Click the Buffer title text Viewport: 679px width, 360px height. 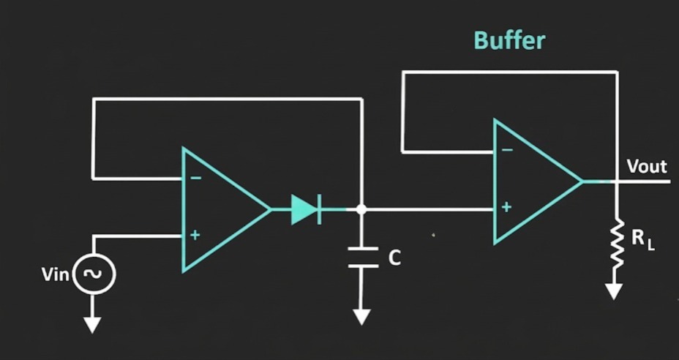[x=510, y=40]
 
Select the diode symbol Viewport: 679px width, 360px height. [x=306, y=210]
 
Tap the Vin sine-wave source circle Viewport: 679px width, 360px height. [x=94, y=274]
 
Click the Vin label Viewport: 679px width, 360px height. [x=56, y=274]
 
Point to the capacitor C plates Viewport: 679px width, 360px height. [x=363, y=258]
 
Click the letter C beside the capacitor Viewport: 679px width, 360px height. [x=394, y=258]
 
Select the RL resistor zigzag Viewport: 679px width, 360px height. [x=617, y=244]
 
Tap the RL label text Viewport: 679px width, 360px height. [x=642, y=240]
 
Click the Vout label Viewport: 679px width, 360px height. [x=647, y=167]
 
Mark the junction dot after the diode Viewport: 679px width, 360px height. [x=361, y=210]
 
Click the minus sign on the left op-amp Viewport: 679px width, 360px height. [x=196, y=178]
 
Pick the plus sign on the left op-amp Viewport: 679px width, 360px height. [x=195, y=235]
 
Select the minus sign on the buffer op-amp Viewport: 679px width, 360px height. [x=507, y=150]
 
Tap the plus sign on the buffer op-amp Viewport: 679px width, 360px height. [x=506, y=207]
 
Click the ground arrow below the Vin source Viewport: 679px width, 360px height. [x=92, y=325]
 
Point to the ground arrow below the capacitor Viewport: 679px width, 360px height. [x=361, y=317]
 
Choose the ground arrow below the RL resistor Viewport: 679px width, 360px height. [x=614, y=291]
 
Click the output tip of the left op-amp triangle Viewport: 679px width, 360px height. [x=271, y=210]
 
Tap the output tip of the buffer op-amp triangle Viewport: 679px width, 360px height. [x=582, y=181]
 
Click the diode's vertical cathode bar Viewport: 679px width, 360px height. [x=320, y=210]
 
